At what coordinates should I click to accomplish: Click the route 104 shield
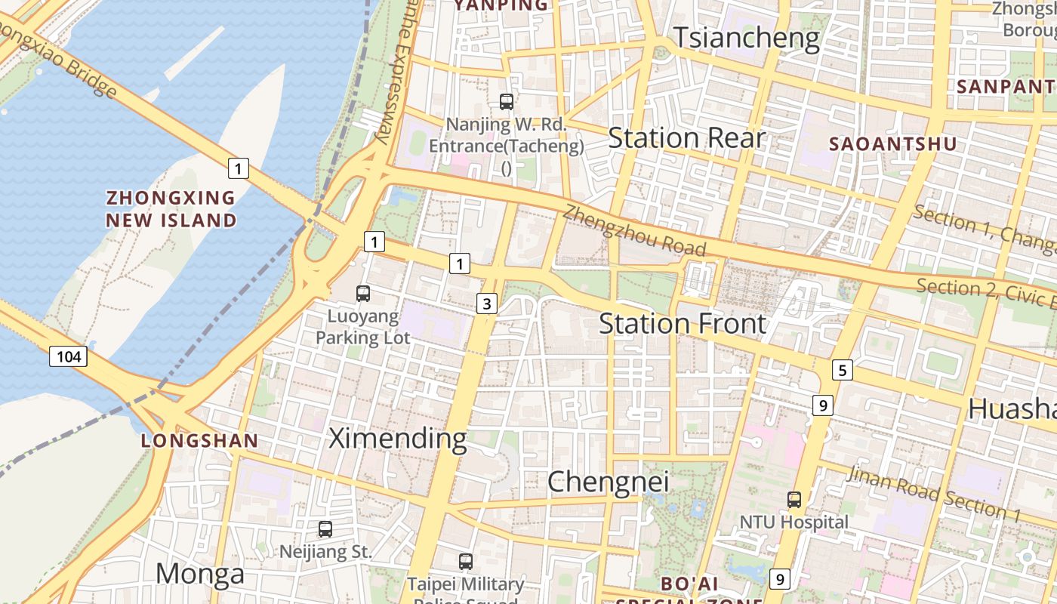pos(69,356)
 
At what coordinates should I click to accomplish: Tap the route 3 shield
pos(487,304)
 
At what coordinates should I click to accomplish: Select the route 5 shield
pos(843,370)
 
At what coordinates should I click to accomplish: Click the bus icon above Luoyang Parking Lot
pos(363,294)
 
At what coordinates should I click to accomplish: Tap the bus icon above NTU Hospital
pos(794,500)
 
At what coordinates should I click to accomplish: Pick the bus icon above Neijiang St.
pos(325,529)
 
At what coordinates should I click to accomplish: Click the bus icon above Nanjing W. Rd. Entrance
pos(507,101)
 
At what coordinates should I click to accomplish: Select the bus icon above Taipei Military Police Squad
pos(466,562)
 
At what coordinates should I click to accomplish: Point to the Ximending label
pos(398,439)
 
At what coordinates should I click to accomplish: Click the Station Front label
pos(683,324)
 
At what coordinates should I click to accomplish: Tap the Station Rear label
pos(686,138)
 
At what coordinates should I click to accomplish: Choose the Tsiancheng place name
pos(746,38)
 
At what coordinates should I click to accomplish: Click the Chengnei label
pos(608,482)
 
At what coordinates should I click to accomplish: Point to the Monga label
pos(200,574)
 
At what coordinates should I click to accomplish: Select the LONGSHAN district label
pos(199,441)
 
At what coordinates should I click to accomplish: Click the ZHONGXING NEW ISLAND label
pos(171,209)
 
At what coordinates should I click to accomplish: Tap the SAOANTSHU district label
pos(892,144)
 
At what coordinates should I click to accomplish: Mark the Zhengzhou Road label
pos(634,230)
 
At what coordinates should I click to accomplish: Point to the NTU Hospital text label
pos(794,522)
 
